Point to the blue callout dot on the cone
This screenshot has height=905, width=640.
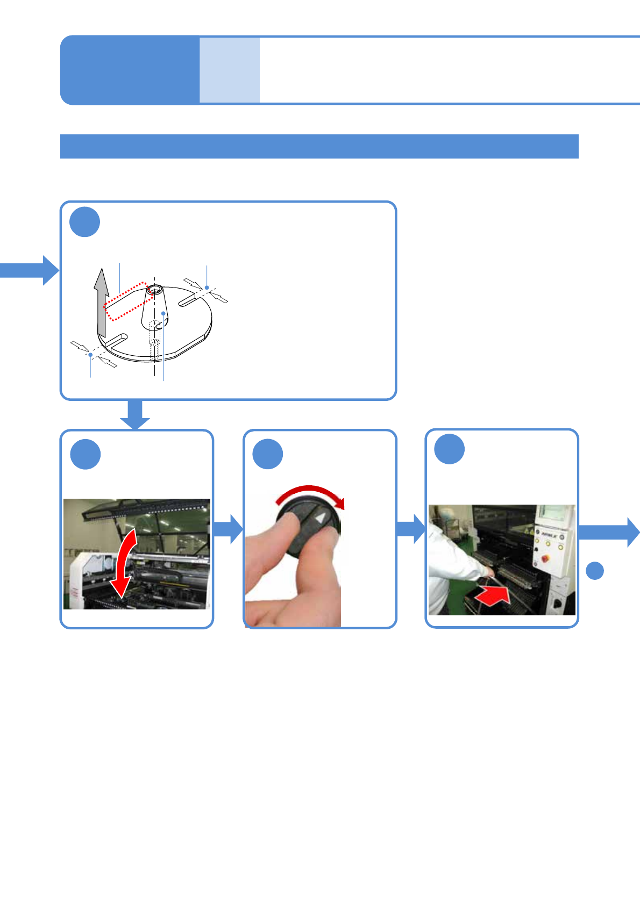click(x=163, y=312)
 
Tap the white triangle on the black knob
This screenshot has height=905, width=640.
click(x=321, y=519)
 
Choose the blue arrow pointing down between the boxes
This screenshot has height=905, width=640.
click(x=134, y=414)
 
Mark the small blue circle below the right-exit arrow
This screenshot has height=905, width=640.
click(x=594, y=570)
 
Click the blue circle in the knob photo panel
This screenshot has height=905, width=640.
click(x=268, y=454)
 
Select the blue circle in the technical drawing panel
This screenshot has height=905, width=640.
click(x=85, y=221)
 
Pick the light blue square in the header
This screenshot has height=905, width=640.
click(x=230, y=70)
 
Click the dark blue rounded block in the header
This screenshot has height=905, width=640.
click(x=130, y=70)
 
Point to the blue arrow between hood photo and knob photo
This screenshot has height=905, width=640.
click(x=229, y=529)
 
